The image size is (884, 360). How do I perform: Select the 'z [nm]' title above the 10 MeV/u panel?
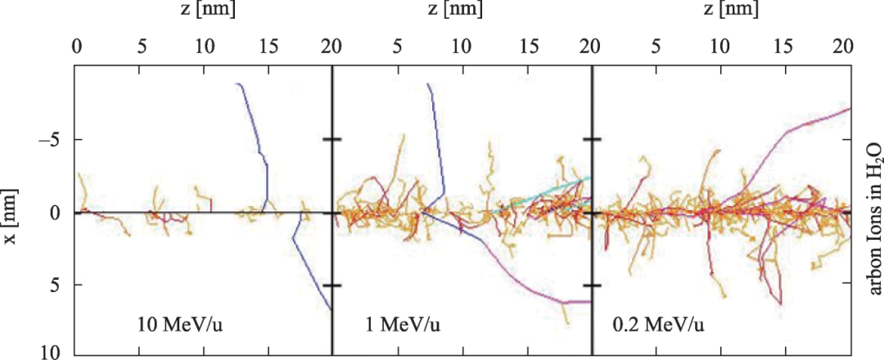(x=204, y=10)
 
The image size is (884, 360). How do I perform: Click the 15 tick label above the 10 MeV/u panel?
(x=268, y=46)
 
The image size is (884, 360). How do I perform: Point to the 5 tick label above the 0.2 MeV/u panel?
(x=656, y=46)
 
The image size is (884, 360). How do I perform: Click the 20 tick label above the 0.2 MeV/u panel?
(x=843, y=46)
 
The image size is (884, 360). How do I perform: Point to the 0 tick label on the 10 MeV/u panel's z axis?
(x=76, y=46)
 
